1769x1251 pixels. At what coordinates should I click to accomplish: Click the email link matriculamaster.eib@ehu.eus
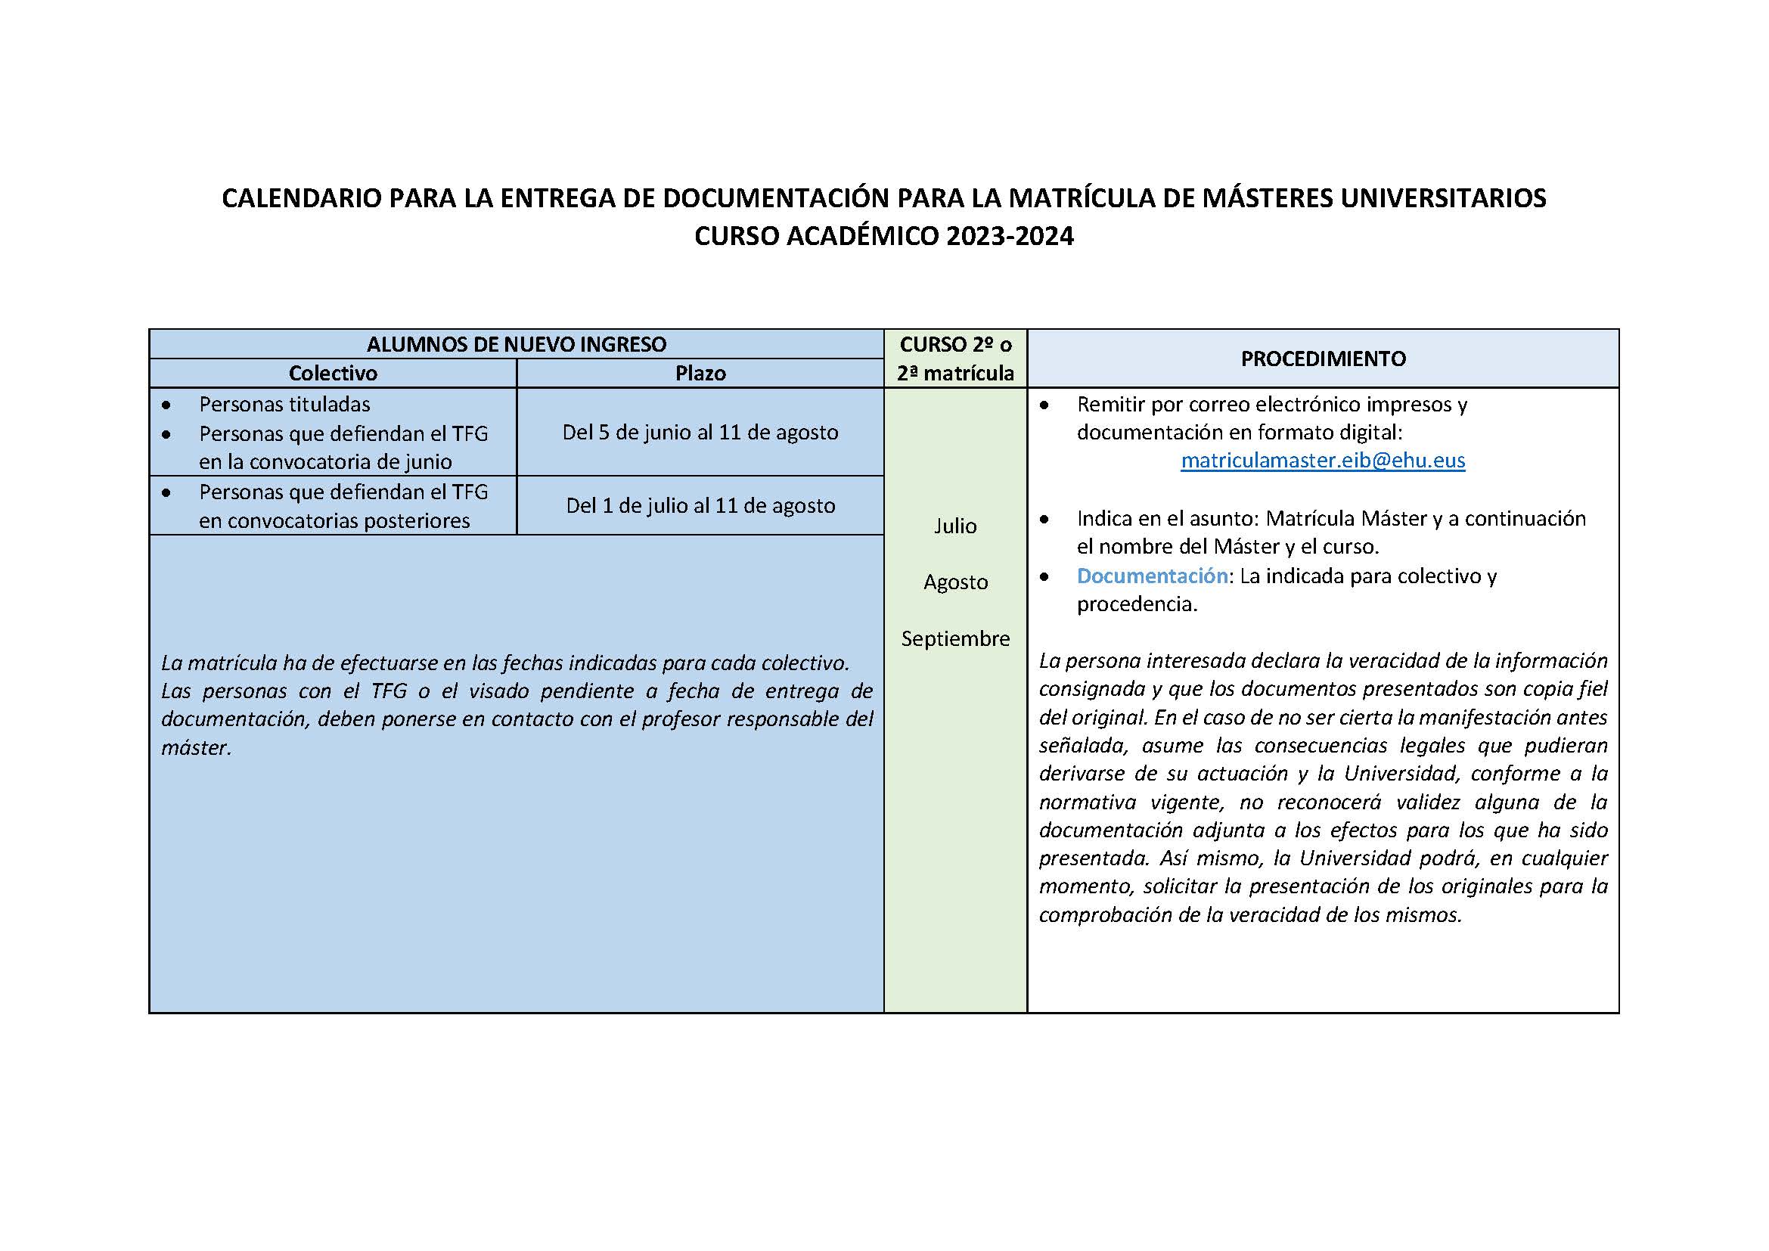click(1322, 461)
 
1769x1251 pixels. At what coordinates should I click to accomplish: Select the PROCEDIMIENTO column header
click(1323, 359)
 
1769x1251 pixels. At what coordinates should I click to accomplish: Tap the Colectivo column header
click(333, 374)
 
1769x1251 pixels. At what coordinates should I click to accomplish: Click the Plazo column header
click(700, 374)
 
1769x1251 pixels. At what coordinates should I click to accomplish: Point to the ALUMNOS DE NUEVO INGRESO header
click(517, 344)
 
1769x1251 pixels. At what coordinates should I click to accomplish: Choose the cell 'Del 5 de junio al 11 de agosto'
click(700, 432)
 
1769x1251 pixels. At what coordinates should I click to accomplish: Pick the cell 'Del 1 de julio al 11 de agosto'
click(700, 505)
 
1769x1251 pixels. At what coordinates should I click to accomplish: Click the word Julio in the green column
click(955, 526)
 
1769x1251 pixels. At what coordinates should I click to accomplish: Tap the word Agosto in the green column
click(955, 582)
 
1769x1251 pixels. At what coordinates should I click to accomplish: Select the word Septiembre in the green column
click(955, 638)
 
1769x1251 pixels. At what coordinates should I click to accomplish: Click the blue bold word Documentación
click(1152, 576)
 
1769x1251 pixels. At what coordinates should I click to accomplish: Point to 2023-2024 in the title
click(1010, 236)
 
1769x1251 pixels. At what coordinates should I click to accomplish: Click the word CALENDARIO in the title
click(301, 199)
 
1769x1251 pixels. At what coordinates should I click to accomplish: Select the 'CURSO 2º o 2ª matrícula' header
click(955, 359)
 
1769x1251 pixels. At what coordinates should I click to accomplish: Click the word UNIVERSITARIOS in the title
click(1443, 199)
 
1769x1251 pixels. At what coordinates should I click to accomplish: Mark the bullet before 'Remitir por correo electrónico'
click(1044, 405)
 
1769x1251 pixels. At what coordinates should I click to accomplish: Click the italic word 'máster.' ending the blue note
click(197, 748)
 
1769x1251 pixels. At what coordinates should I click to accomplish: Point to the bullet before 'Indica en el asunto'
click(1044, 519)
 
